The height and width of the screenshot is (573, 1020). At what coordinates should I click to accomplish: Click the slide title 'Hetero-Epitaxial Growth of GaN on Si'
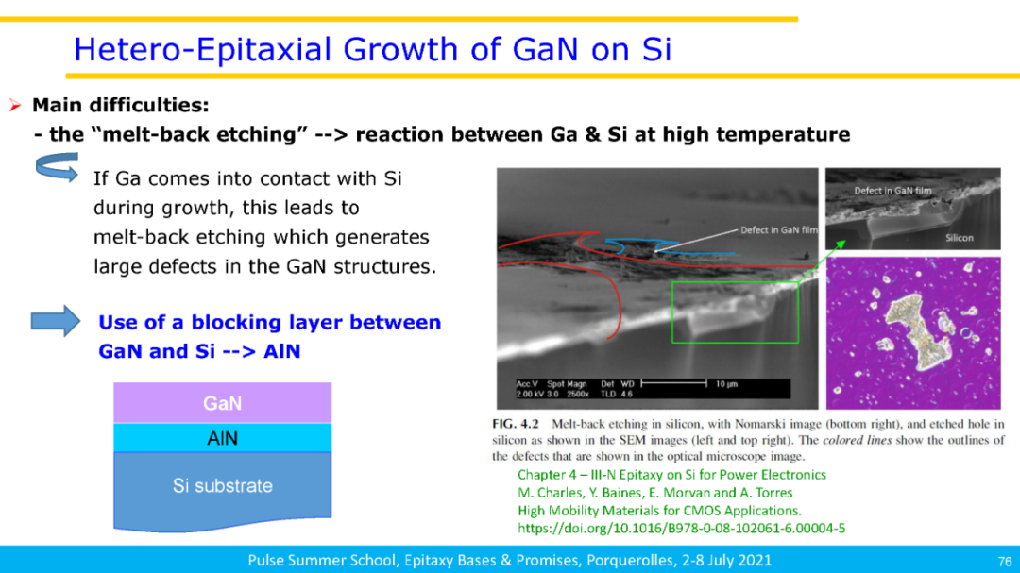click(x=373, y=49)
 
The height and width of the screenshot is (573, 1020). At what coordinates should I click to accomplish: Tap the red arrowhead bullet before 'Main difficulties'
click(x=15, y=105)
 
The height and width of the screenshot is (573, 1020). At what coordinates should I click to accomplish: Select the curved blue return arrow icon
click(x=58, y=168)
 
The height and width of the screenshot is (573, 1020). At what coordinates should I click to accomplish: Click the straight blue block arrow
click(x=56, y=321)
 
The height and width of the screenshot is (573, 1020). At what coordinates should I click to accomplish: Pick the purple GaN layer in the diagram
click(x=223, y=403)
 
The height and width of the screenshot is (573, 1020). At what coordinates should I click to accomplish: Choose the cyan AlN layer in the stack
click(x=223, y=438)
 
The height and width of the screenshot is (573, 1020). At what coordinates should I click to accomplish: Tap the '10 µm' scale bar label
click(x=726, y=384)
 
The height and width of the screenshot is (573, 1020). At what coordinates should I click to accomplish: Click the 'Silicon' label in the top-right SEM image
click(x=960, y=238)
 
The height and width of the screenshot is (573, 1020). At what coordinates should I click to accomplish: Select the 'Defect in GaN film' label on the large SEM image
click(x=778, y=229)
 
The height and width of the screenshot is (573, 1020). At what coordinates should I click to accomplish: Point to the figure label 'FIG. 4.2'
click(x=516, y=424)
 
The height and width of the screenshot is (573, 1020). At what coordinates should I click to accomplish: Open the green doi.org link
click(x=681, y=528)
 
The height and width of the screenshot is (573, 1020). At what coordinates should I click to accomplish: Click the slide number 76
click(x=1004, y=562)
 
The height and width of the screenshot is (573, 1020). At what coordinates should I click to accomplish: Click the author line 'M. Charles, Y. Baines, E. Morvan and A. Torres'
click(x=655, y=493)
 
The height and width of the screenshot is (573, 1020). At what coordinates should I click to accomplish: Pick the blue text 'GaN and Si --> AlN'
click(x=199, y=351)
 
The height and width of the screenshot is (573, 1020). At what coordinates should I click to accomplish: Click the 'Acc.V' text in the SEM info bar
click(x=527, y=384)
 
